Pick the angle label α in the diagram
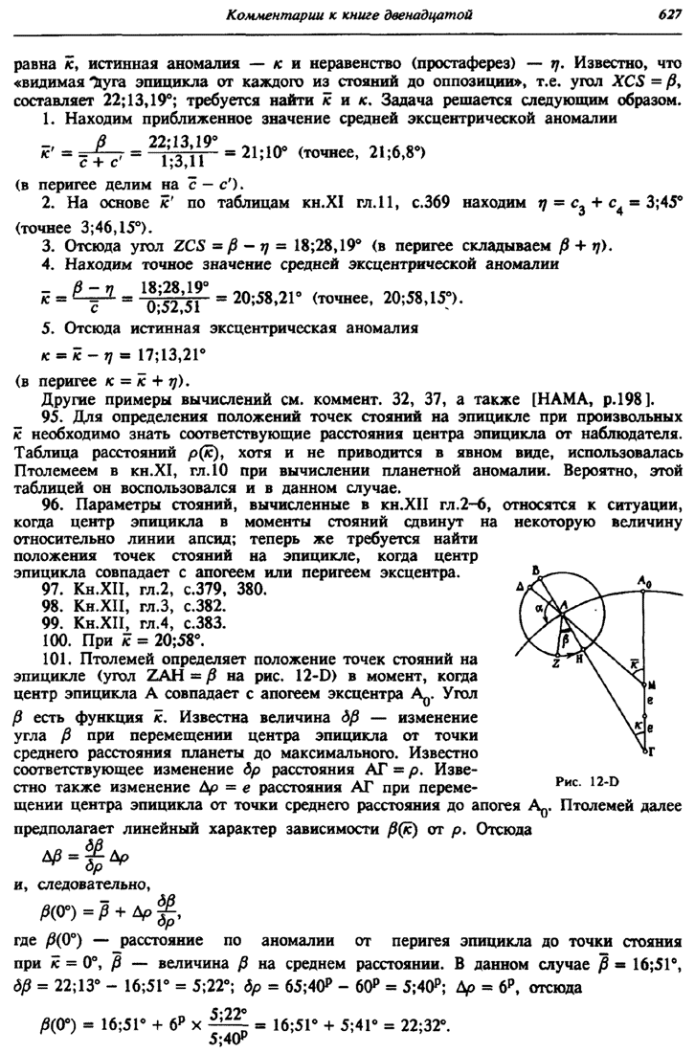click(540, 605)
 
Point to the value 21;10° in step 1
click(269, 152)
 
